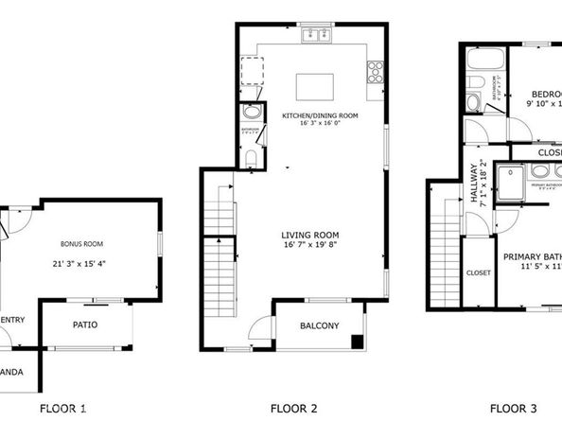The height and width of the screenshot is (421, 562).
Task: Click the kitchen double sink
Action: point(316,36)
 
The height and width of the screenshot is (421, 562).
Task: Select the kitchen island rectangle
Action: point(315,86)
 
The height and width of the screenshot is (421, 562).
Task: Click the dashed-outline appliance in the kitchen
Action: point(253,71)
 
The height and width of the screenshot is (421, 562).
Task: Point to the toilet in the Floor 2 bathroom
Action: point(250,111)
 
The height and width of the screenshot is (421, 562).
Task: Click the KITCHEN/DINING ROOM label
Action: point(321,115)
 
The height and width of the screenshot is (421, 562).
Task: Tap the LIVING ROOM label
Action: point(309,235)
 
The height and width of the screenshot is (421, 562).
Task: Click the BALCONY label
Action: point(319,326)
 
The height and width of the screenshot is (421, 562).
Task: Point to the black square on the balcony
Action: point(356,342)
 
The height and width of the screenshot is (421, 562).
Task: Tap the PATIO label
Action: point(86,325)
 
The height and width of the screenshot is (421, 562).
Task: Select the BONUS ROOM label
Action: point(79,243)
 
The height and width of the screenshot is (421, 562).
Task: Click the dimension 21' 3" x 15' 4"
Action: point(79,263)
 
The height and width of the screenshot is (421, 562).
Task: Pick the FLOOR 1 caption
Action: point(63,409)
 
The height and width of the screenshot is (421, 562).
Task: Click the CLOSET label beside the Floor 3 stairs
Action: point(477,272)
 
